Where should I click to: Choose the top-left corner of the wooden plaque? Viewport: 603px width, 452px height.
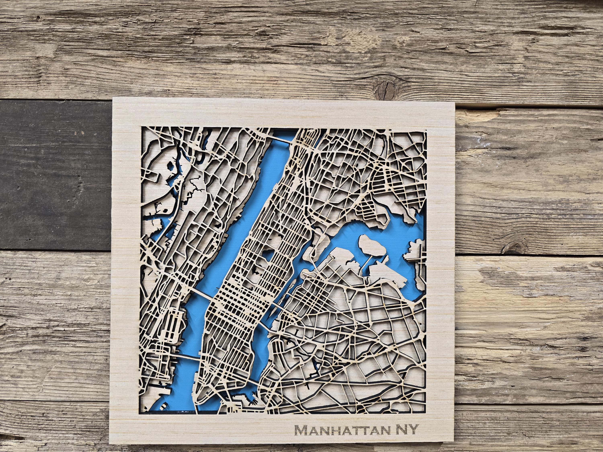pyautogui.click(x=113, y=98)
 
